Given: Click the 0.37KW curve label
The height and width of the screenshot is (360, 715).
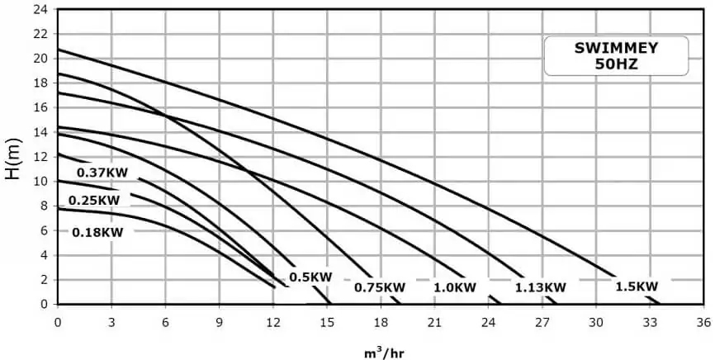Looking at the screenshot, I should [x=102, y=173].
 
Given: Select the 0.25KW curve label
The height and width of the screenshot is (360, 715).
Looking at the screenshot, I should [x=94, y=200].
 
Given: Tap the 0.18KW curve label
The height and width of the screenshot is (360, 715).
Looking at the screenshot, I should [x=97, y=232].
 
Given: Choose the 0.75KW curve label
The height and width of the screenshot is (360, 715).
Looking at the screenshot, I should [x=380, y=287].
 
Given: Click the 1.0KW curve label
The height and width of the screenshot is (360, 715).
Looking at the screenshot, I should [x=455, y=287].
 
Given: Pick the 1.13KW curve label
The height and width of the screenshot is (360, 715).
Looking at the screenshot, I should [x=541, y=287].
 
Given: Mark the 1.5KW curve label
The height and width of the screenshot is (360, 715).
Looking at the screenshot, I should [x=637, y=286].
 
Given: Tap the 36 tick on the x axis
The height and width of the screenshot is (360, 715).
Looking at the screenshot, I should [x=703, y=320].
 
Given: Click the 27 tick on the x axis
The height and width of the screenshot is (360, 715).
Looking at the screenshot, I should [x=542, y=320].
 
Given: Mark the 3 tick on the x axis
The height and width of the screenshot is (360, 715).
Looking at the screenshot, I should [x=111, y=320].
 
